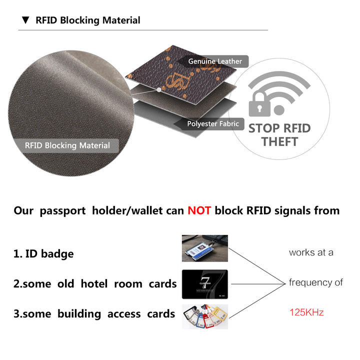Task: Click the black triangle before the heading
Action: (x=25, y=20)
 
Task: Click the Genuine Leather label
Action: (x=215, y=61)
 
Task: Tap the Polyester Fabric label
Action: (x=212, y=123)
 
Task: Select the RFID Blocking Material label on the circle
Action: (x=67, y=145)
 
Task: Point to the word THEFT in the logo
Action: (x=279, y=141)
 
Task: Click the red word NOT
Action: (x=199, y=210)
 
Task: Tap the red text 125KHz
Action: (x=306, y=312)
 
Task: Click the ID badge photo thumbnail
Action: (x=204, y=248)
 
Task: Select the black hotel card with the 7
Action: (x=204, y=284)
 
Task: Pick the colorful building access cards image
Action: (x=204, y=316)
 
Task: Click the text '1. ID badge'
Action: (x=43, y=253)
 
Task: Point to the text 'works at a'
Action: (x=311, y=252)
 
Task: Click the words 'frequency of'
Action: (x=315, y=282)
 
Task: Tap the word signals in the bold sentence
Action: (x=297, y=210)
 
